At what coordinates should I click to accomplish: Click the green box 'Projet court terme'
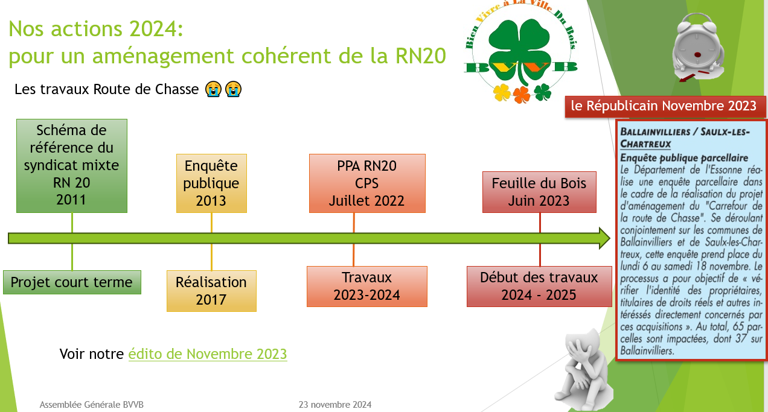point(72,282)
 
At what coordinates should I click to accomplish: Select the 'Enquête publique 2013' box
point(211,183)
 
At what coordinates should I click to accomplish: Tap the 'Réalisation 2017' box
point(211,291)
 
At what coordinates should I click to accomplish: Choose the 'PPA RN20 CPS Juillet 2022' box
point(367,183)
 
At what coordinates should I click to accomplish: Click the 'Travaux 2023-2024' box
point(367,287)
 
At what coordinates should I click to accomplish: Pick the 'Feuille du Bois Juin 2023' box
point(539,192)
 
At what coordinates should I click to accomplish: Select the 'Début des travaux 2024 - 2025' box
point(539,287)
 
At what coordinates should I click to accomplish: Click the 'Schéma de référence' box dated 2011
point(72,166)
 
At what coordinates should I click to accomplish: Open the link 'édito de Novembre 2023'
point(208,354)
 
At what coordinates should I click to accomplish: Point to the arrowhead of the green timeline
point(610,238)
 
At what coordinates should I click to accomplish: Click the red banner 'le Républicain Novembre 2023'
point(665,107)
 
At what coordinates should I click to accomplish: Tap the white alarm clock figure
point(698,48)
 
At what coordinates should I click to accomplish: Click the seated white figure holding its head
point(583,370)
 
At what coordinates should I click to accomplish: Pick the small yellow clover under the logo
point(502,92)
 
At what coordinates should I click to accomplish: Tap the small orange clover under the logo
point(522,95)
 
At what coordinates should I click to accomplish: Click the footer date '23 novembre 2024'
point(335,405)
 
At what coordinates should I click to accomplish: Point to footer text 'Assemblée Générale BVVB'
point(92,405)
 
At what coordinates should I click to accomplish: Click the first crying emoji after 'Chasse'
point(213,89)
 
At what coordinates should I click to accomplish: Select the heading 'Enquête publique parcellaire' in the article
point(684,158)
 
